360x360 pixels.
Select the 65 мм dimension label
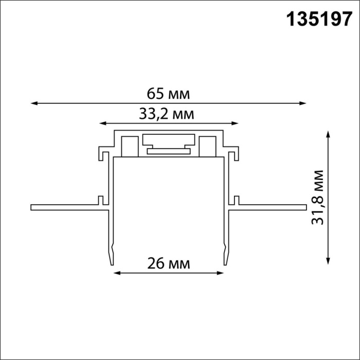168,94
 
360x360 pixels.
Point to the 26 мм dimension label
168,264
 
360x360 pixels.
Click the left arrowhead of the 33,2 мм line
102,123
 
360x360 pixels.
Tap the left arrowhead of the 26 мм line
116,273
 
